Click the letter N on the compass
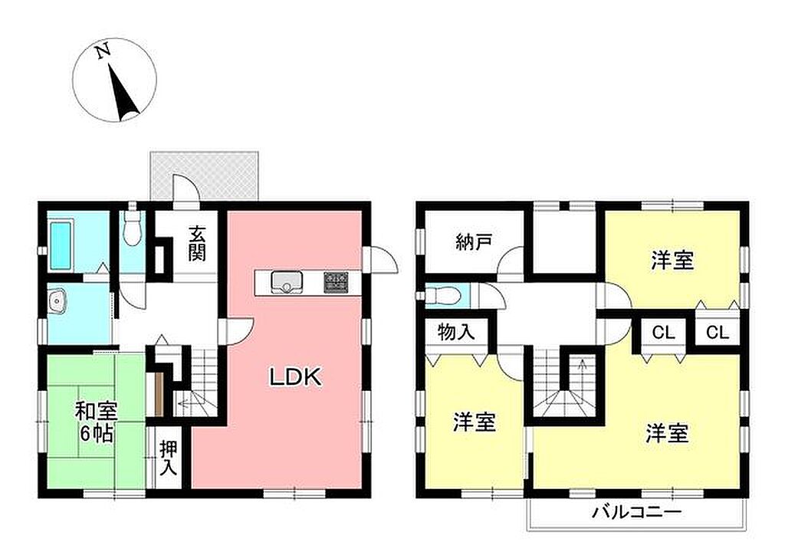[103, 51]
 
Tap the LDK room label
[295, 377]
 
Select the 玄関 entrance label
[197, 244]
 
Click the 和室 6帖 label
[96, 422]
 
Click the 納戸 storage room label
[474, 242]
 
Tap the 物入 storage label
[456, 331]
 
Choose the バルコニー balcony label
[637, 512]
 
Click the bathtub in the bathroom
[61, 245]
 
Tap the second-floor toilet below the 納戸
[442, 296]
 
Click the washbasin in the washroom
[58, 302]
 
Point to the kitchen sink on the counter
[286, 282]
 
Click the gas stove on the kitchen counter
[336, 282]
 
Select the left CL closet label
[663, 332]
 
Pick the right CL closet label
[718, 332]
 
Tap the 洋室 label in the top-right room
[672, 261]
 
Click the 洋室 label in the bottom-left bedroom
[474, 422]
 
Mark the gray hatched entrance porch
[205, 176]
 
